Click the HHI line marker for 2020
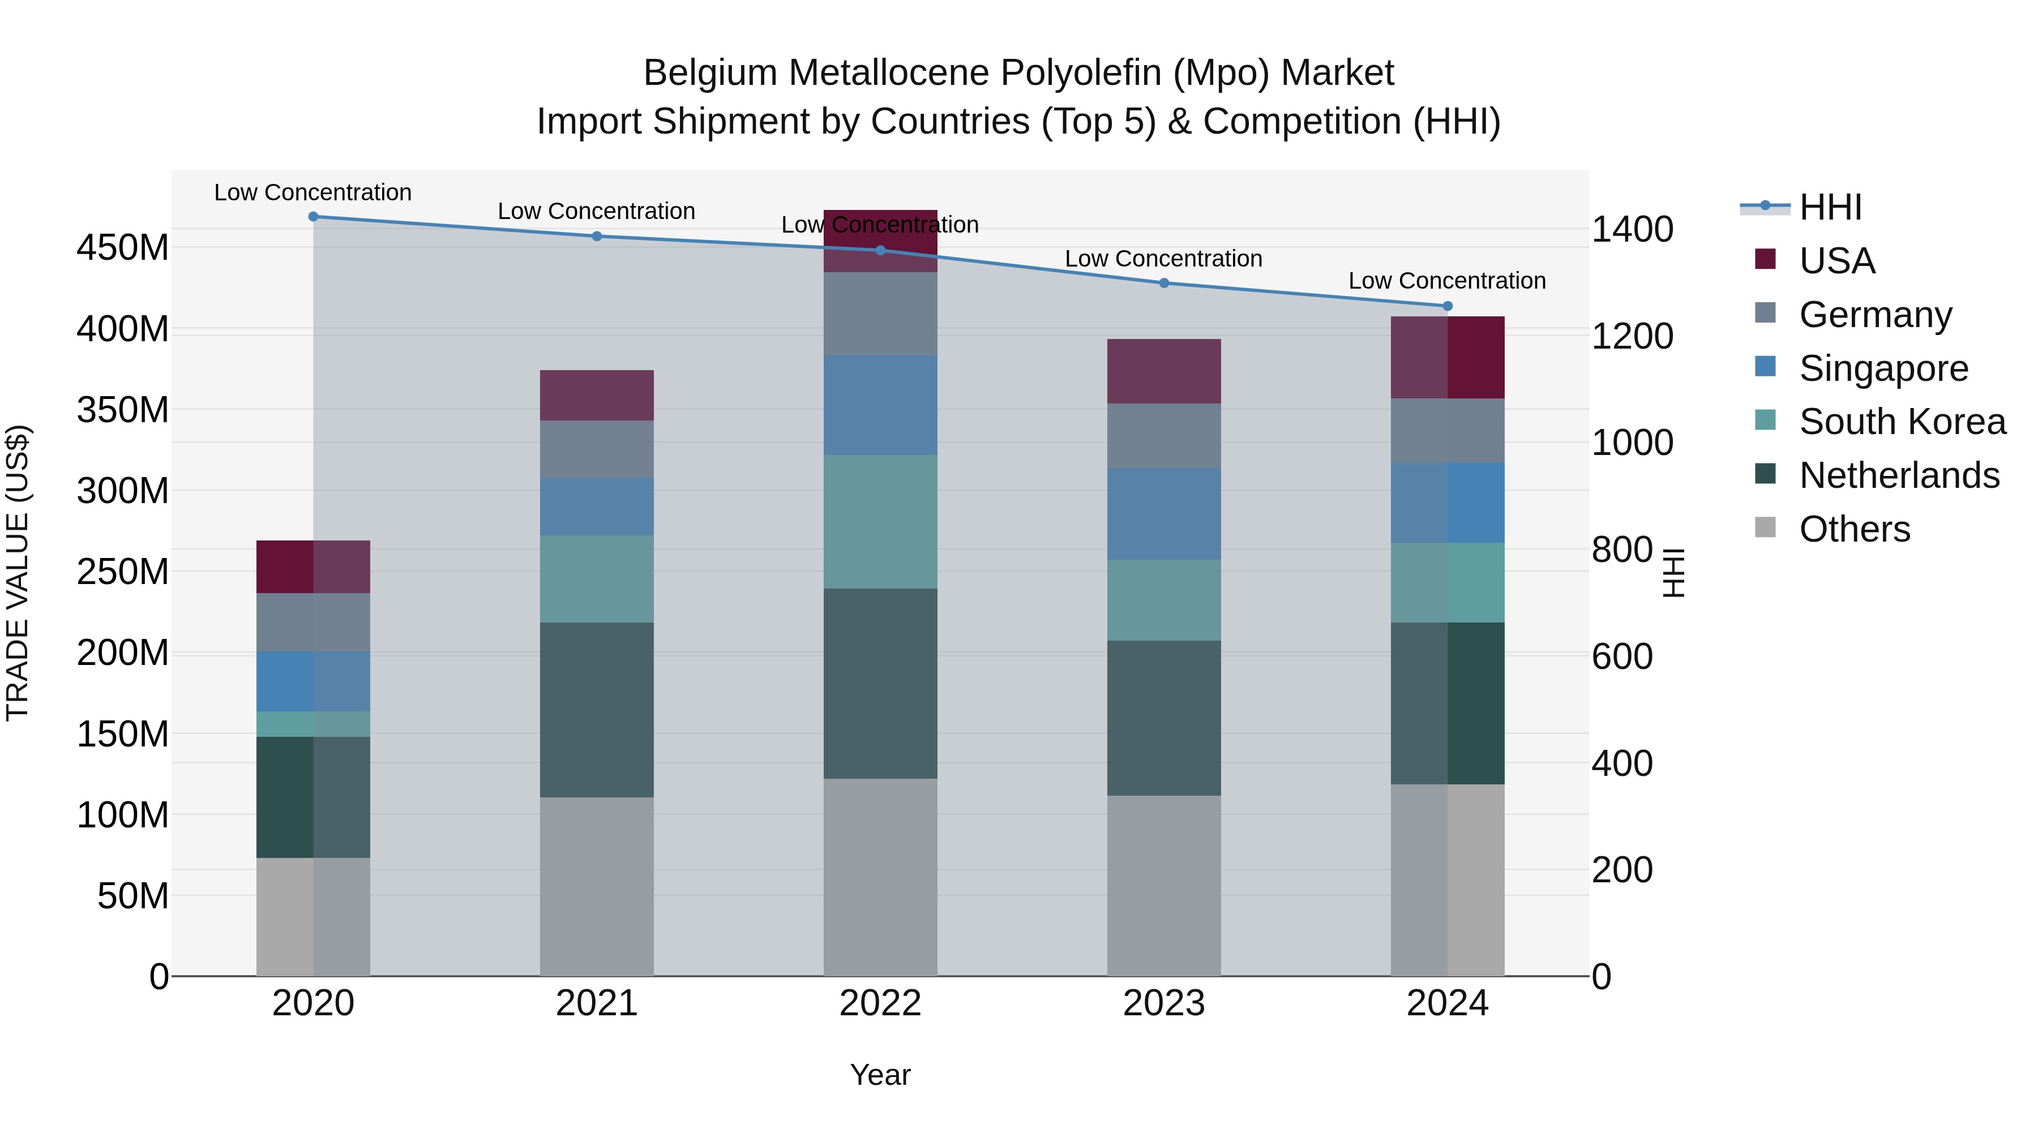coord(313,217)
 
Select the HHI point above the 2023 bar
coord(1164,283)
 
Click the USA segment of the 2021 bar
coord(597,396)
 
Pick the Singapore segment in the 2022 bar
coord(880,406)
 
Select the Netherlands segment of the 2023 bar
coord(1164,718)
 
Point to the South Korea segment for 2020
coord(313,724)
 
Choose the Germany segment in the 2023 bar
coord(1164,436)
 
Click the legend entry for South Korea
coord(1902,422)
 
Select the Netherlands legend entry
coord(1899,475)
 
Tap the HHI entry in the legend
coord(1830,207)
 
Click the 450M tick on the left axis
coord(123,247)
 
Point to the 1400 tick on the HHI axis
coord(1632,229)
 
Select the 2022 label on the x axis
coord(880,1003)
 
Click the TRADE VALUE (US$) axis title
coord(18,573)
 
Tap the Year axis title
coord(880,1075)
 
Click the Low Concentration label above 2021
coord(597,211)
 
